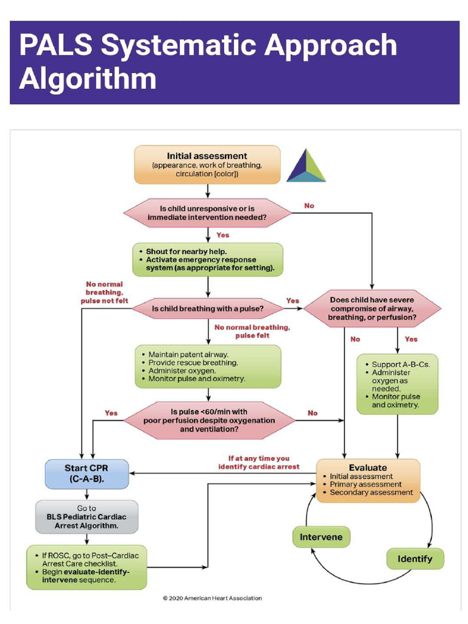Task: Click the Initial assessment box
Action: [x=207, y=165]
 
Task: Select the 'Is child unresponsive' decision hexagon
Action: [x=208, y=212]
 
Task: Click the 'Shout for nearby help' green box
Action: [x=208, y=260]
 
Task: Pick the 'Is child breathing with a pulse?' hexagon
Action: [x=208, y=309]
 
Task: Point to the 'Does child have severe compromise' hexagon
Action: [x=372, y=309]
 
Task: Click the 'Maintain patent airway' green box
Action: [x=208, y=366]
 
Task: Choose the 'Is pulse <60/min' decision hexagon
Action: [x=209, y=420]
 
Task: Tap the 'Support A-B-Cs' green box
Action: [x=397, y=384]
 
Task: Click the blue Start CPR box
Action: [x=87, y=473]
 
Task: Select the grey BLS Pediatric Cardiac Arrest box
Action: [x=87, y=516]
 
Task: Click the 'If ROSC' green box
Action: [x=87, y=567]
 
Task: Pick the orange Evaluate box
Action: [x=368, y=481]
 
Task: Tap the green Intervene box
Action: [x=321, y=537]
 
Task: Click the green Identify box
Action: [x=415, y=559]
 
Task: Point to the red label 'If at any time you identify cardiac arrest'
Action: [x=259, y=463]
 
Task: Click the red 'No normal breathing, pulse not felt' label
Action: [x=104, y=292]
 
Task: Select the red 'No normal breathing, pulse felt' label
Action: [x=252, y=331]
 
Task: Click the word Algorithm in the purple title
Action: [x=88, y=79]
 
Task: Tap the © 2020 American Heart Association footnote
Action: [x=212, y=598]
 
